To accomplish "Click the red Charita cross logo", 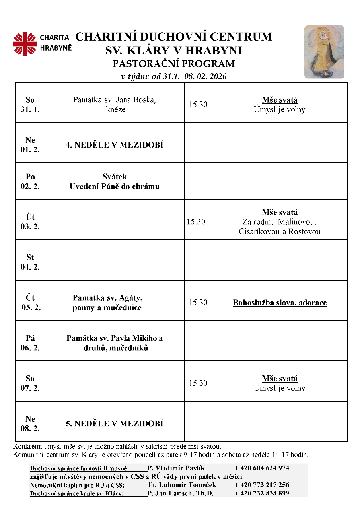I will [x=25, y=44].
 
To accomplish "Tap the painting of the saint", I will [x=324, y=52].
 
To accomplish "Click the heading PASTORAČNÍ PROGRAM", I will [x=174, y=64].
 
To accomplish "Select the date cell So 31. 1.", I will [x=30, y=105].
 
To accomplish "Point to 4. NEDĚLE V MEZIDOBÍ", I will [x=115, y=145].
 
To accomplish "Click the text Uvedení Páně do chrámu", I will [x=115, y=186].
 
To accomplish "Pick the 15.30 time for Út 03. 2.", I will [x=196, y=222].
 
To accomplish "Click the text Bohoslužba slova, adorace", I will [x=280, y=303].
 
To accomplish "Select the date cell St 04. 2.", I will [x=30, y=262].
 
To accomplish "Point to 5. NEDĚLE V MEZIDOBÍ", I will [x=115, y=424].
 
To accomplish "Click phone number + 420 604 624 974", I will [x=261, y=468].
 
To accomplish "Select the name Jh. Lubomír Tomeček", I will [x=182, y=485].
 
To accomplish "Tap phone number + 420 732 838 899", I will [x=261, y=493].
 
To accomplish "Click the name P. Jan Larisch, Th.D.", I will [x=181, y=493].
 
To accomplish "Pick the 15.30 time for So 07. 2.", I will [x=198, y=383].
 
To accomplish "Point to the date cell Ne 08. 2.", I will [x=30, y=424].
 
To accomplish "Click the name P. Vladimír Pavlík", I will [x=176, y=468].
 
